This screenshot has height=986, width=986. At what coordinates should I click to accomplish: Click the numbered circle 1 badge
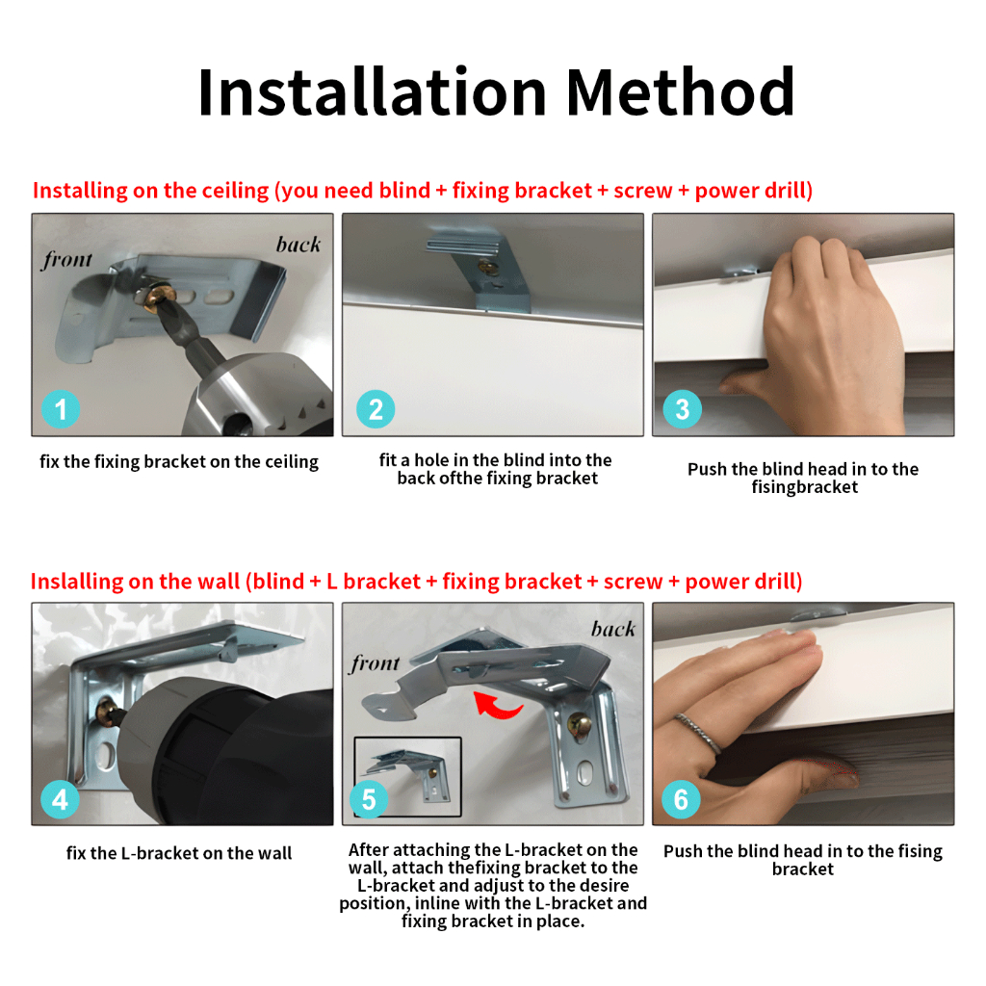(61, 409)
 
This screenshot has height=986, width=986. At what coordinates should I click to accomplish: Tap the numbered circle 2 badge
(376, 409)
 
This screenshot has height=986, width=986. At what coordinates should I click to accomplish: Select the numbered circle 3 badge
(683, 409)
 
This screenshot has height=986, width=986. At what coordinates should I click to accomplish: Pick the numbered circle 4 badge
(60, 799)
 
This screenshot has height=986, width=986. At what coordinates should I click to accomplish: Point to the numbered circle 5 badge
(369, 799)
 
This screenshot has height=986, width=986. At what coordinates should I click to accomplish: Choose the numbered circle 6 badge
(681, 799)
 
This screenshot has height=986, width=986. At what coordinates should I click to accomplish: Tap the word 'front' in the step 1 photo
(67, 259)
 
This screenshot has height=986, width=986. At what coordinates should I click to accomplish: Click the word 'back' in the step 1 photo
(298, 244)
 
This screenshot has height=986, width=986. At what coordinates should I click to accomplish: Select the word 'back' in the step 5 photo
(613, 629)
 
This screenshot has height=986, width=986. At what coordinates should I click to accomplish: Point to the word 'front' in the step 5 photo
(375, 662)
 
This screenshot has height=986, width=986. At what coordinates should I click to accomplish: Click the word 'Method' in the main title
(681, 92)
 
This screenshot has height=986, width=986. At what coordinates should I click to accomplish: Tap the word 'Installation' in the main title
(373, 92)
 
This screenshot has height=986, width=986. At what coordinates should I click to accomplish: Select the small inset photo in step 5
(407, 777)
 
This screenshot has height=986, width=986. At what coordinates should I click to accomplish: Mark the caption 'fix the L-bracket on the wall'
(179, 853)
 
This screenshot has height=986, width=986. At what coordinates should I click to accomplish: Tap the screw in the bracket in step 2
(487, 268)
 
